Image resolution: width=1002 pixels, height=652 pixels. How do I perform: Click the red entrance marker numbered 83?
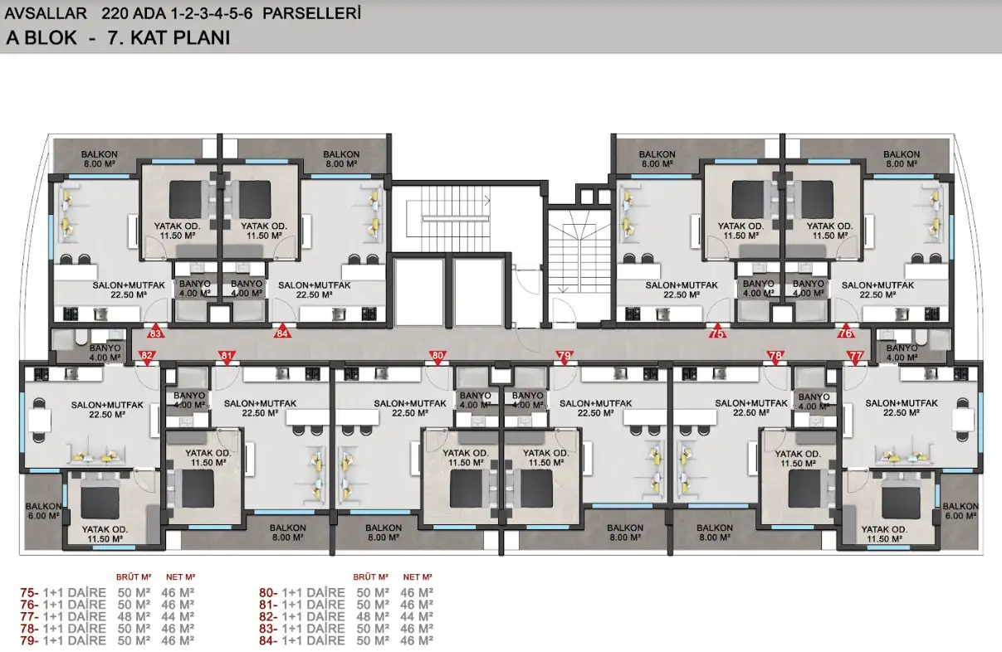(x=154, y=331)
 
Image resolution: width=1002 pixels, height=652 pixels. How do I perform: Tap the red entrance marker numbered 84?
(x=281, y=331)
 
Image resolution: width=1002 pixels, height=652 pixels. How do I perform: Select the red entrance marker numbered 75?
(x=717, y=331)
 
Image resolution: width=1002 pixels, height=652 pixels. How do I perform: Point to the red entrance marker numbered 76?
(x=845, y=331)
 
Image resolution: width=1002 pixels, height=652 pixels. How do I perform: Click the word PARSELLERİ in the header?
(x=311, y=14)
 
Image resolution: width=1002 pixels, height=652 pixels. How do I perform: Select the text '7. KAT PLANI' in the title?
(x=169, y=38)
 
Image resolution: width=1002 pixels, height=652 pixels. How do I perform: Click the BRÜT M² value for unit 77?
(x=134, y=616)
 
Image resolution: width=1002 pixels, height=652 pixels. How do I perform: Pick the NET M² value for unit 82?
(x=417, y=616)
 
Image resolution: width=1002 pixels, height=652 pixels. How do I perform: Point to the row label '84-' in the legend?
(x=268, y=640)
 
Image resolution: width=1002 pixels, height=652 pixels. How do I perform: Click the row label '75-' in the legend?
(x=29, y=592)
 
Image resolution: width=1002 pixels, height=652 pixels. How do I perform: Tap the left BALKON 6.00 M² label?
(x=43, y=511)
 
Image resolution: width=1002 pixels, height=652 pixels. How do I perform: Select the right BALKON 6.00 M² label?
(x=960, y=511)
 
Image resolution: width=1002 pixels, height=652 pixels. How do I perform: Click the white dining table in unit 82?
(x=40, y=420)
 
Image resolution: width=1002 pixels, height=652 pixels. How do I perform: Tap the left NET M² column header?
(x=180, y=577)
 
